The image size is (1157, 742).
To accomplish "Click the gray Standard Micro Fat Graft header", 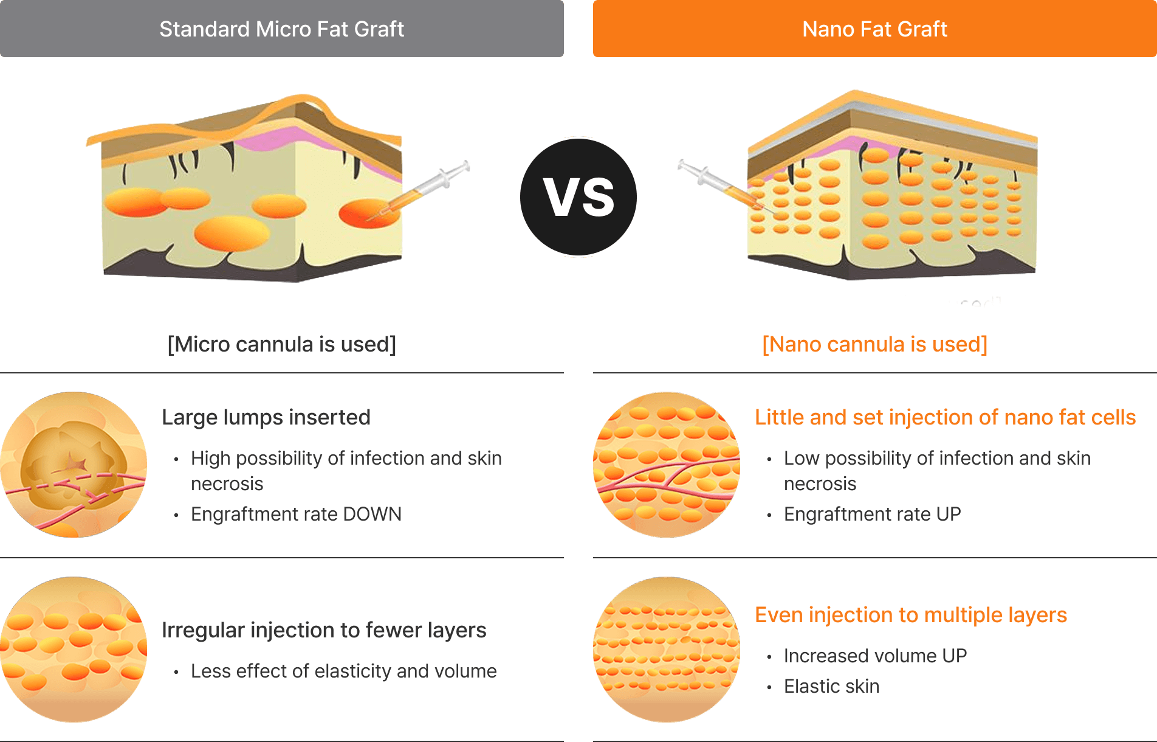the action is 282,29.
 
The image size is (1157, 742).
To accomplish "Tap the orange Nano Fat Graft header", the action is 875,29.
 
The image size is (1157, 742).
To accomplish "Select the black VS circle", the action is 578,197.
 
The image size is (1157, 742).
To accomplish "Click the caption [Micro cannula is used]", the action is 282,344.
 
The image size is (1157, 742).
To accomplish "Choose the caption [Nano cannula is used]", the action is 875,344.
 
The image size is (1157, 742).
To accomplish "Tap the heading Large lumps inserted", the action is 266,417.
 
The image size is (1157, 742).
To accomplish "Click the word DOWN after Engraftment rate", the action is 372,514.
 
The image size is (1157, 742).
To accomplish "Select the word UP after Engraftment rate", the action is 949,514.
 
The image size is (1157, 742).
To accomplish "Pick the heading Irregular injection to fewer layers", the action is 324,630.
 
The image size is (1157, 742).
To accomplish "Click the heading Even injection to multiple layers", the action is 911,615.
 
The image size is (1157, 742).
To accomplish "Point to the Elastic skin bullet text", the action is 831,686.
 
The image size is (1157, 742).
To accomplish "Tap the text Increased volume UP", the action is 875,656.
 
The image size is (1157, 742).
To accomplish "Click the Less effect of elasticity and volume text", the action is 344,671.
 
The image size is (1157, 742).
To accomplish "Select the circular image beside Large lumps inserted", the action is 74,465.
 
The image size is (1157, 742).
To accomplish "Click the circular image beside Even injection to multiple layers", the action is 667,650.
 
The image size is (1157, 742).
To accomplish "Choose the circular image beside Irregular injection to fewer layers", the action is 74,650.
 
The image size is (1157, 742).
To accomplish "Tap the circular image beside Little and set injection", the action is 667,465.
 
